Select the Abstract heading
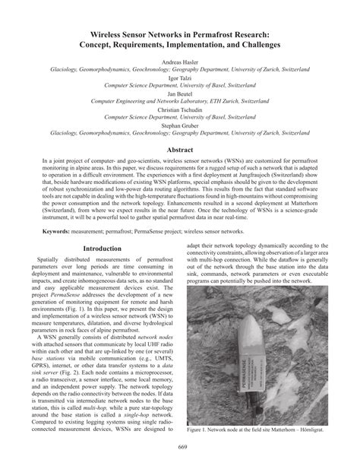pyautogui.click(x=180, y=151)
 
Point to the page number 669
pyautogui.click(x=180, y=447)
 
